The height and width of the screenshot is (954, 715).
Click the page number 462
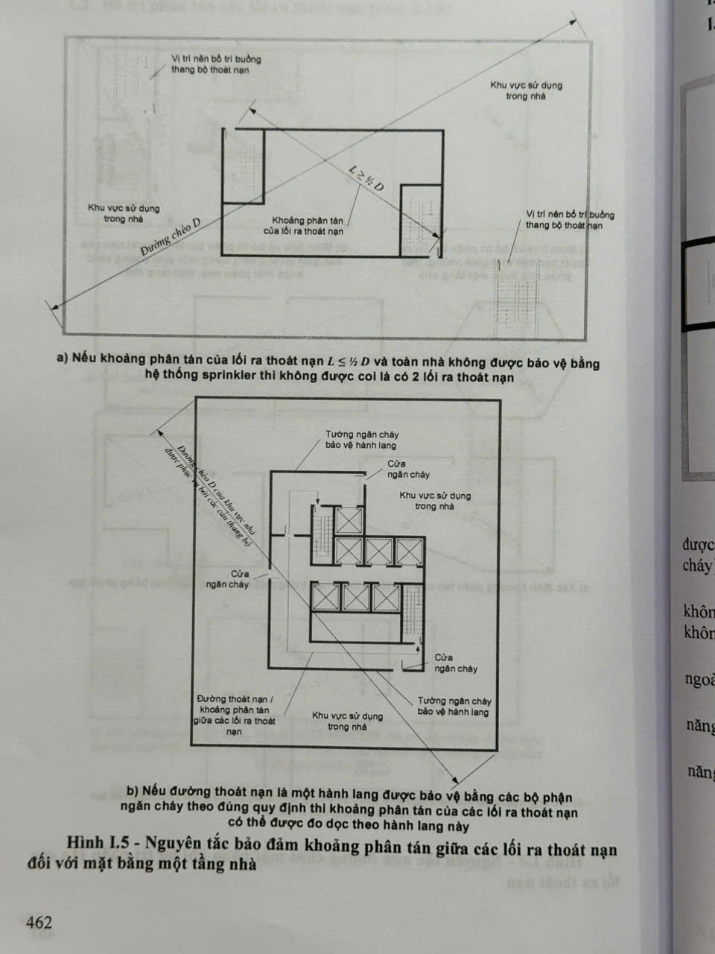click(39, 922)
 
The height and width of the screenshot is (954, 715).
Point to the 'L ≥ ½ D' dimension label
click(366, 180)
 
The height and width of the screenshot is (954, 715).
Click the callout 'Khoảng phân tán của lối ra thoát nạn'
click(308, 225)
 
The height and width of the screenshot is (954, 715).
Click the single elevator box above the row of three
click(348, 520)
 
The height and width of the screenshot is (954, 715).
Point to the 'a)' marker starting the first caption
click(63, 358)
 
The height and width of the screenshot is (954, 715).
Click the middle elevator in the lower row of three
click(357, 598)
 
